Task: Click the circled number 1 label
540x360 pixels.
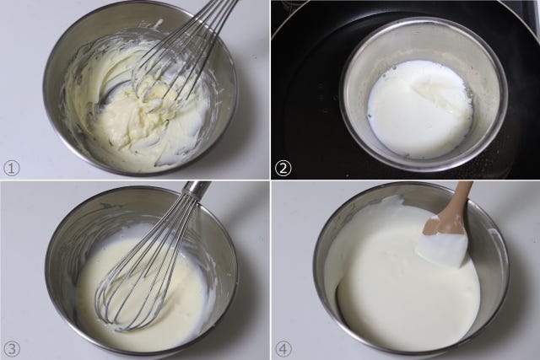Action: [x=11, y=169]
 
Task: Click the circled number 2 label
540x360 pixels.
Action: [x=283, y=169]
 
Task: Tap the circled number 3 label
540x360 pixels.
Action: [x=11, y=349]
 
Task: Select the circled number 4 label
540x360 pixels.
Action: [x=283, y=349]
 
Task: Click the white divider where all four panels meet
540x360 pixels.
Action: [x=270, y=180]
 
